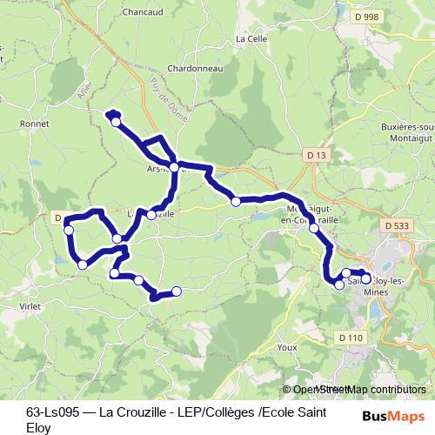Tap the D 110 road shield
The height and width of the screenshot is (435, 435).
352,337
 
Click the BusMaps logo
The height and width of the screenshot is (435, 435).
399,416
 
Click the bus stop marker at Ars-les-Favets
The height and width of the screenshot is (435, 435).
174,166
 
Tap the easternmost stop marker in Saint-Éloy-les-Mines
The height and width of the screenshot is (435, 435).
366,278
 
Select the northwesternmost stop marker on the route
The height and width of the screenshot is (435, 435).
116,122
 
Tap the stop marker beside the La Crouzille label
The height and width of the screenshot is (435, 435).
151,214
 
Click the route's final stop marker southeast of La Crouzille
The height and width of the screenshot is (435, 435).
177,291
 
